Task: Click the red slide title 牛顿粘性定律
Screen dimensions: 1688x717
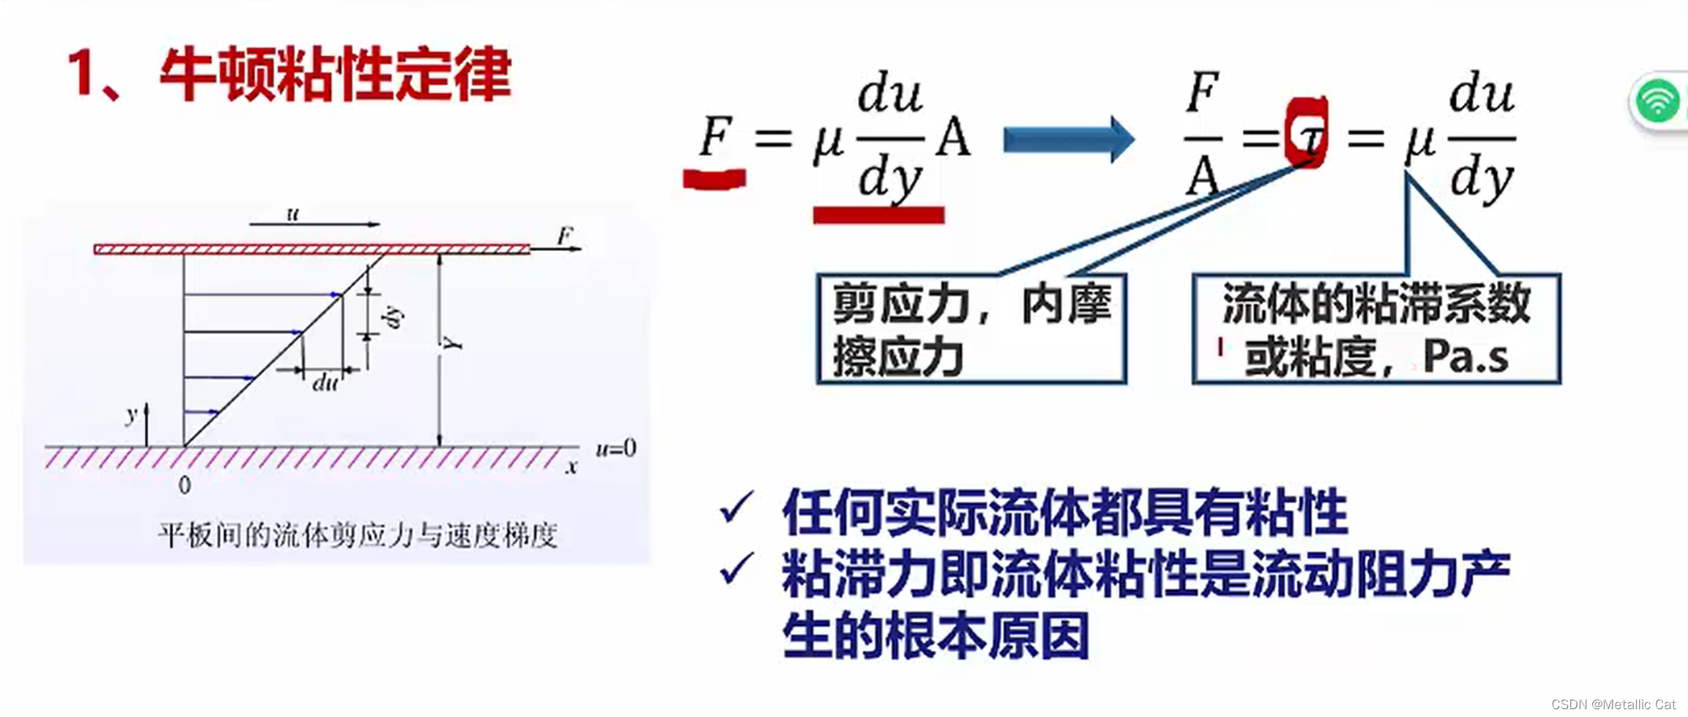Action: click(335, 75)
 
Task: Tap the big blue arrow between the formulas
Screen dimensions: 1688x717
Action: click(1068, 140)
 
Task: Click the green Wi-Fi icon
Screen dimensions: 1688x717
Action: click(1656, 101)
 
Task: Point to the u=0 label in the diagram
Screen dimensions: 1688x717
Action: click(616, 449)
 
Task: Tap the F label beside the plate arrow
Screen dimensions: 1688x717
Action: click(565, 235)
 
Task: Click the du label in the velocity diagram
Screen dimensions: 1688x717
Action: click(326, 383)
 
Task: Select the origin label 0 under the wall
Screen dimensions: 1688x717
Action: click(184, 486)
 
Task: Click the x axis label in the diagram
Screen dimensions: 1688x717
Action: click(572, 468)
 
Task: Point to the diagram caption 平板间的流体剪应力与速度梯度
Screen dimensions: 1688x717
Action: click(358, 535)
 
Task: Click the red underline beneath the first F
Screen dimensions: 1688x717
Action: click(714, 179)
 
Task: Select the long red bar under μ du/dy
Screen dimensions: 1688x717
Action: click(879, 215)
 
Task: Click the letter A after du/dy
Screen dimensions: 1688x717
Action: click(954, 138)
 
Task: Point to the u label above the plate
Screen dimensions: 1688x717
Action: click(293, 213)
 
